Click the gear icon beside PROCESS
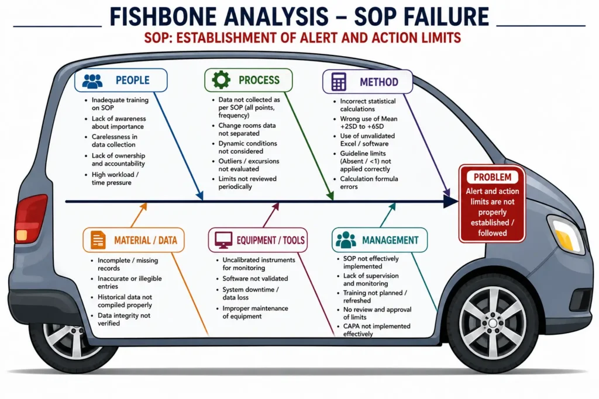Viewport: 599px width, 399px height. pyautogui.click(x=221, y=80)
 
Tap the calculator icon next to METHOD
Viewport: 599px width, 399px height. pyautogui.click(x=339, y=82)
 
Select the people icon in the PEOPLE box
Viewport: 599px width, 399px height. pyautogui.click(x=92, y=81)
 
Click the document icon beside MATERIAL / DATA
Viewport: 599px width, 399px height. pyautogui.click(x=98, y=240)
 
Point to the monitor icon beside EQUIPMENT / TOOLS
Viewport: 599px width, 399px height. pyautogui.click(x=223, y=240)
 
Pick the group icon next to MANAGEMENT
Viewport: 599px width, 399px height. pyautogui.click(x=346, y=240)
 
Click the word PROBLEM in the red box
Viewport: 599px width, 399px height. pyautogui.click(x=493, y=178)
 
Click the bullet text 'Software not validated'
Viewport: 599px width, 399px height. pyautogui.click(x=255, y=279)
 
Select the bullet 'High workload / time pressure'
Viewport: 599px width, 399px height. pyautogui.click(x=115, y=179)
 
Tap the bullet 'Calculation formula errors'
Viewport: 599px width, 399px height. pyautogui.click(x=369, y=183)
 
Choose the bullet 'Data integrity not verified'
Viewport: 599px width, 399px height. pyautogui.click(x=124, y=320)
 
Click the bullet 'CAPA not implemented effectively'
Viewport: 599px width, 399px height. pyautogui.click(x=377, y=330)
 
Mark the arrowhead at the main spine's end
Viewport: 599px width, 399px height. pyautogui.click(x=451, y=202)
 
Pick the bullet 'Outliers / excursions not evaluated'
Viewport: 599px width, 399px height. pyautogui.click(x=249, y=165)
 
